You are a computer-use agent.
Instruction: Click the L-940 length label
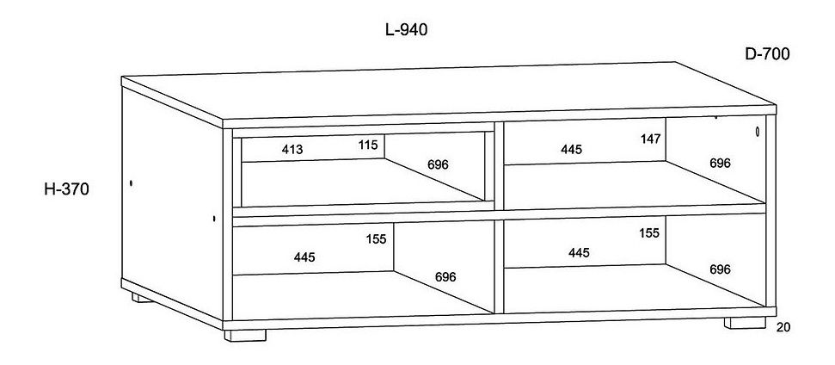(406, 29)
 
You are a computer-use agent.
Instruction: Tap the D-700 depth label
(767, 54)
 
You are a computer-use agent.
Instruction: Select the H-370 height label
(68, 188)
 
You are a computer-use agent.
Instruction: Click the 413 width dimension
(292, 150)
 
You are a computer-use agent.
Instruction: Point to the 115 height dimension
(368, 145)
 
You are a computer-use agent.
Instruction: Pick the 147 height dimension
(650, 138)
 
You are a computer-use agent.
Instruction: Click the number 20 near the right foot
(782, 326)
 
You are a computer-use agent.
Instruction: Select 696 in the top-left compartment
(438, 164)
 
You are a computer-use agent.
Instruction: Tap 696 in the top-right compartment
(720, 163)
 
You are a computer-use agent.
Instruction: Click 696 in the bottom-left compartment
(445, 276)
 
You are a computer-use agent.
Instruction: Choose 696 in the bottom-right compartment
(720, 269)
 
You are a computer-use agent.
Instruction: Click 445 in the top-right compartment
(571, 150)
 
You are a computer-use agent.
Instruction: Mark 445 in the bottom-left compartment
(304, 257)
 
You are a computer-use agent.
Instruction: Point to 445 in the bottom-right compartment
(578, 252)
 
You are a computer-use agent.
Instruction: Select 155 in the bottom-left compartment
(376, 239)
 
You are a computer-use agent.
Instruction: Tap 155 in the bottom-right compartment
(649, 232)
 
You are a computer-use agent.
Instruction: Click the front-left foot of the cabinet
(245, 334)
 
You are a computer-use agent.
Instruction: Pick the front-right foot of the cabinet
(745, 324)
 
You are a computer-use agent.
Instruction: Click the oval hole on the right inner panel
(756, 132)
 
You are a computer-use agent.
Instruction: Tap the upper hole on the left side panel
(131, 183)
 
